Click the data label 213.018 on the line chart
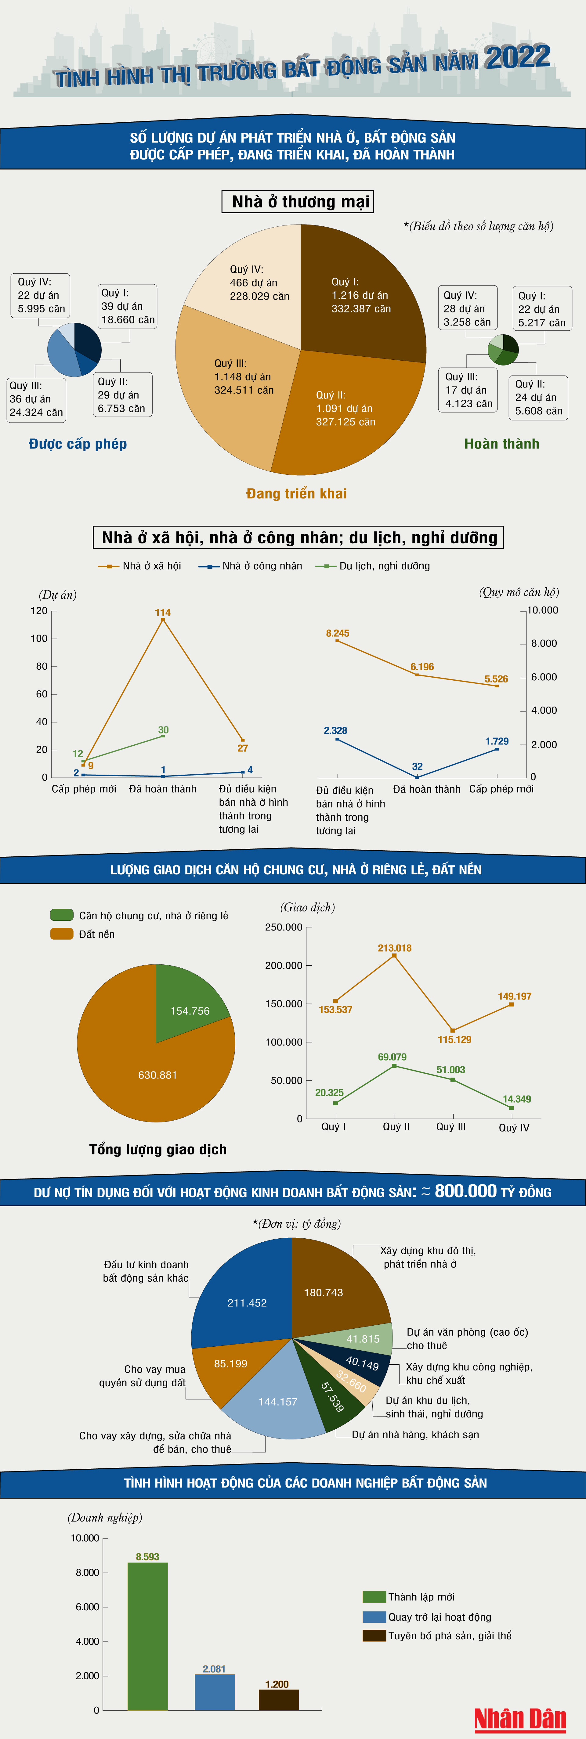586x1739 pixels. [x=394, y=948]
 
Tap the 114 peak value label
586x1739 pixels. [x=163, y=612]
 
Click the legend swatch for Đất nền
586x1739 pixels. [x=61, y=934]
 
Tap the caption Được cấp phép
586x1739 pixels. [x=78, y=444]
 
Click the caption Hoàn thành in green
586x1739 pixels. [x=501, y=444]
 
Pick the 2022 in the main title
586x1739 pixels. [x=517, y=57]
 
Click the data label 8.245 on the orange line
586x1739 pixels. [x=338, y=633]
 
